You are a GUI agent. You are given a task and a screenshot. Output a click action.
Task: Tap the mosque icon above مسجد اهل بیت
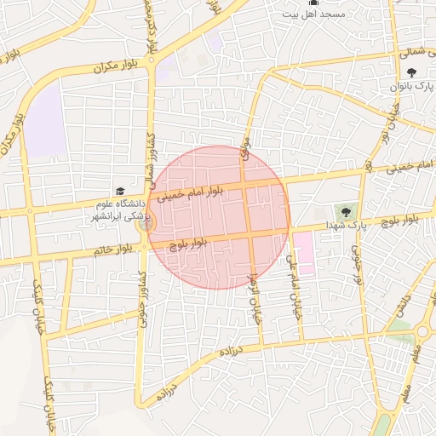coord(312,3)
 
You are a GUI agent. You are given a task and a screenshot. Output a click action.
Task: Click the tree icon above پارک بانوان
coord(413,73)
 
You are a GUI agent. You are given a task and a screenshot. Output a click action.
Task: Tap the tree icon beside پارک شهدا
coord(347,211)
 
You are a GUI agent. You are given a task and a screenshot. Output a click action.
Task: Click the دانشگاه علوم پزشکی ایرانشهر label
coord(119,210)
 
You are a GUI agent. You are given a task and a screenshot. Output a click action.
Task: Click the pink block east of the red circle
coord(302,252)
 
